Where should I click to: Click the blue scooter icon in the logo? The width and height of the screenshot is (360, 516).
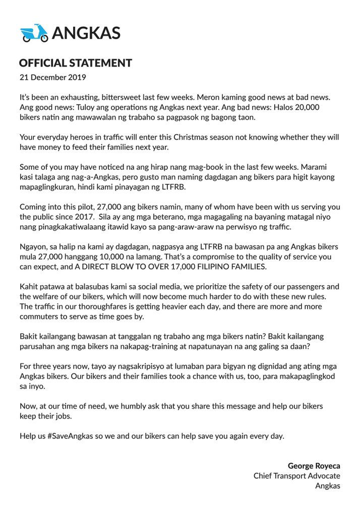click(34, 33)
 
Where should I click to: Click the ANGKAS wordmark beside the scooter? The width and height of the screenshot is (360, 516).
click(86, 33)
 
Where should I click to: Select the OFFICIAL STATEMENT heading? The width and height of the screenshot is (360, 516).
click(76, 63)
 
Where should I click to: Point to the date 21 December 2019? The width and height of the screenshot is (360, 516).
click(53, 78)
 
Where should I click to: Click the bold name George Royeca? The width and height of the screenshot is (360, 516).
click(314, 465)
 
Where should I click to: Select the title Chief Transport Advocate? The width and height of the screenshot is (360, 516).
click(296, 475)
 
